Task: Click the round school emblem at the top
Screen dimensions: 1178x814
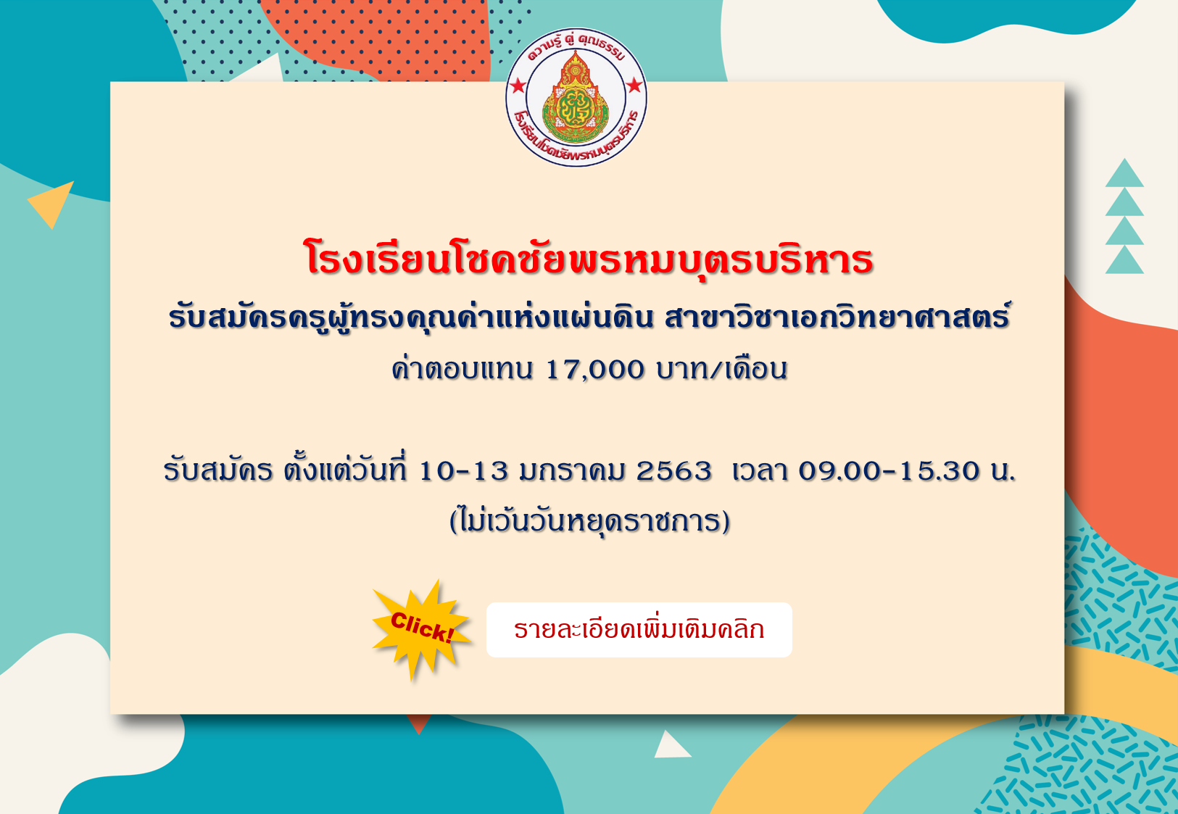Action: (576, 97)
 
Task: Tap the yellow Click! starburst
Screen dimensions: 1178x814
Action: (420, 629)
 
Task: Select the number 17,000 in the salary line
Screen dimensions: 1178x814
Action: (594, 370)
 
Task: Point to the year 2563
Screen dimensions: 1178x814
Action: (673, 470)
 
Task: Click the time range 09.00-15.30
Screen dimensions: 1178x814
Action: (888, 470)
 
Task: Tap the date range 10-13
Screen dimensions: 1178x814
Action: (463, 470)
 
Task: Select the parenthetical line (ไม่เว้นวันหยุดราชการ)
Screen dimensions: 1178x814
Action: (589, 521)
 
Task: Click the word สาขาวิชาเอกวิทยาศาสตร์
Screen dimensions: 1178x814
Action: (837, 317)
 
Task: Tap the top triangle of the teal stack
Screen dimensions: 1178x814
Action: (1124, 173)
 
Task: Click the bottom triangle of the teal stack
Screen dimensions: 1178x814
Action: (1124, 261)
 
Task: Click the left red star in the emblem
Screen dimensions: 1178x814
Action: (518, 85)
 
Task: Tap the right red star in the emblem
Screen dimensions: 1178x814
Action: (635, 85)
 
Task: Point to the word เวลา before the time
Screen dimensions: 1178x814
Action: (760, 470)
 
